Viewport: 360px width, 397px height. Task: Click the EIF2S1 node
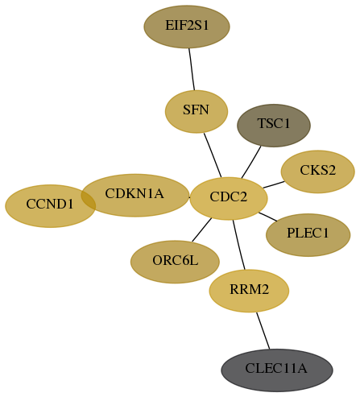coord(187,27)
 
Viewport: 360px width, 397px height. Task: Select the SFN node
coord(197,111)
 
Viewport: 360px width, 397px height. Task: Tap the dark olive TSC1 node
coord(274,126)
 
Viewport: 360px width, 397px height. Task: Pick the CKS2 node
coord(318,172)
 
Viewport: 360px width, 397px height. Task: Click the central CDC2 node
coord(229,198)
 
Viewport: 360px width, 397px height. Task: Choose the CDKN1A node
coord(135,195)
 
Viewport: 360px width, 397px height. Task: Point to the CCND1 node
coord(50,206)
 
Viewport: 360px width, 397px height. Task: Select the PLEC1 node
coord(308,235)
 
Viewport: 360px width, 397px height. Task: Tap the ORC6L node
coord(175,262)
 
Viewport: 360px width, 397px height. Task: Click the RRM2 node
coord(249,291)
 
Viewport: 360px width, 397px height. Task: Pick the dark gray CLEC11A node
coord(277,370)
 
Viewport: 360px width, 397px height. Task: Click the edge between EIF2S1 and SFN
coord(192,69)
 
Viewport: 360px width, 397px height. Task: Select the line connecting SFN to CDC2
coord(213,155)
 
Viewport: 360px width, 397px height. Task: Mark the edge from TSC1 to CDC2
coord(251,162)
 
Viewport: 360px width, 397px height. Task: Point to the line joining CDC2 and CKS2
coord(274,184)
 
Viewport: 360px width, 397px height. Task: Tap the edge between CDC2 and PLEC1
coord(268,217)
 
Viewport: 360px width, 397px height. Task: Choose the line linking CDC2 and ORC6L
coord(202,230)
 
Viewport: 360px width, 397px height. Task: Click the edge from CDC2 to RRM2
coord(239,245)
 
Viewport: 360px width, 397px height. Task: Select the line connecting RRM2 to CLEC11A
coord(263,331)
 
